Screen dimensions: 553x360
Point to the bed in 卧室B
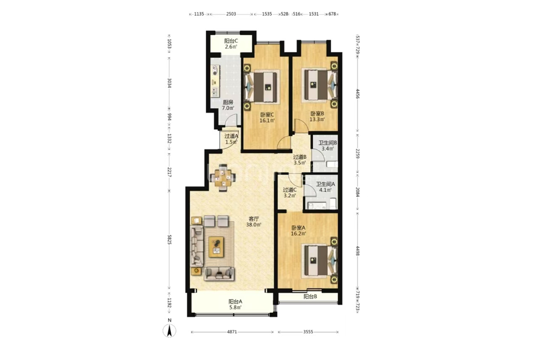[320, 85]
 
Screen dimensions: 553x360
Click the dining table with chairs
[222, 178]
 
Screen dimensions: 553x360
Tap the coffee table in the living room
[216, 247]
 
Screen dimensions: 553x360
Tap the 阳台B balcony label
[310, 296]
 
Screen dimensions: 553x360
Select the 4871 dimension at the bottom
[232, 332]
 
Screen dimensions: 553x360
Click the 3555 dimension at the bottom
[308, 332]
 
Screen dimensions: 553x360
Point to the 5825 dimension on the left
[169, 240]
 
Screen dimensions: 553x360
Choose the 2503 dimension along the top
[231, 14]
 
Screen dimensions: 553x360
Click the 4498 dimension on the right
[358, 251]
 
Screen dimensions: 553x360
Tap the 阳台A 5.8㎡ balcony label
[235, 304]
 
